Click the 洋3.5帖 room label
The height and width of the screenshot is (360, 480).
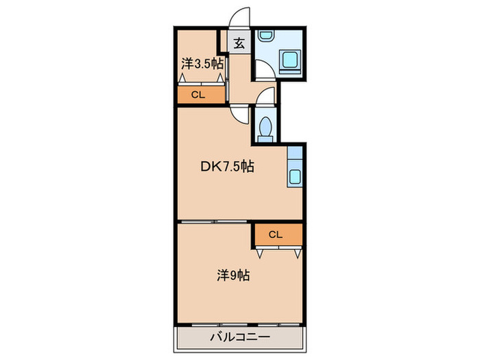202,64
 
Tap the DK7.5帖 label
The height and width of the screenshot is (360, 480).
227,166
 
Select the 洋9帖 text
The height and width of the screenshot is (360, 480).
233,276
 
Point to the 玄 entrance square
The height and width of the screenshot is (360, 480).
239,43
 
